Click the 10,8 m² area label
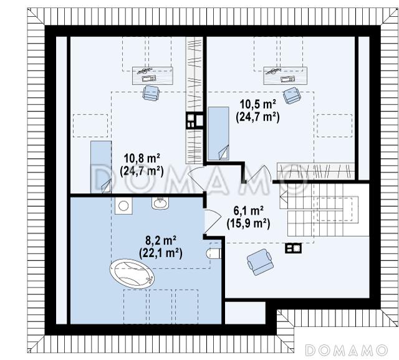(142, 159)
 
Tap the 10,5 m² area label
(257, 105)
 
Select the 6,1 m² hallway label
(248, 211)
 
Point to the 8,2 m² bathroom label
(161, 240)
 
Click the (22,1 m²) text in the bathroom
(161, 253)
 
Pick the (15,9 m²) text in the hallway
(248, 224)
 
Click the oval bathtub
(132, 274)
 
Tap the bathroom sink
(160, 203)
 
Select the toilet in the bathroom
(214, 253)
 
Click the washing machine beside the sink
(123, 206)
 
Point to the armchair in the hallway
(261, 262)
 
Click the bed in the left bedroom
(101, 167)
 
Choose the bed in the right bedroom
(219, 133)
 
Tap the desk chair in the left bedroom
(151, 93)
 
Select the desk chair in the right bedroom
(292, 95)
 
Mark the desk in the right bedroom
(286, 75)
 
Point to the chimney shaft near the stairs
(294, 248)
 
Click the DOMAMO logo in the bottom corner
(346, 350)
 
